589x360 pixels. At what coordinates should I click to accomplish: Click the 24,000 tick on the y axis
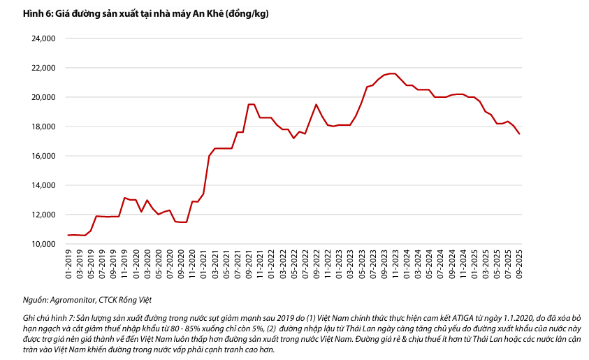click(x=43, y=39)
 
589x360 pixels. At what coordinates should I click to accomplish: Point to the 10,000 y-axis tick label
click(x=43, y=244)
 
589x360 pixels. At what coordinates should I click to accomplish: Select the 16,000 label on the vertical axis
click(x=43, y=156)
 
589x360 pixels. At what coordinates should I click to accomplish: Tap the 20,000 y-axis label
click(x=43, y=97)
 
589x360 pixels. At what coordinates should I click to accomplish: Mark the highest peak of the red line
click(x=393, y=73)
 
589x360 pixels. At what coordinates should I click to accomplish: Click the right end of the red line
click(x=518, y=134)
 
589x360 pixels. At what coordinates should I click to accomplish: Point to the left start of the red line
click(x=68, y=235)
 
